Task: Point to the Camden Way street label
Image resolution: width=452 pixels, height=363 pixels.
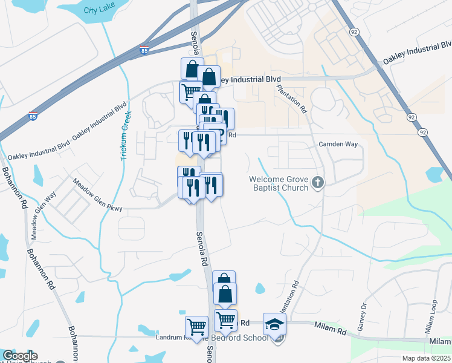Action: [x=338, y=145]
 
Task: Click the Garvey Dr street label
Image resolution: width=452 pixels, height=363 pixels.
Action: [x=364, y=315]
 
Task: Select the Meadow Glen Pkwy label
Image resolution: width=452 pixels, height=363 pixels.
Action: [x=97, y=195]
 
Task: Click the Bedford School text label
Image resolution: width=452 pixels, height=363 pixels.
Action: [x=247, y=338]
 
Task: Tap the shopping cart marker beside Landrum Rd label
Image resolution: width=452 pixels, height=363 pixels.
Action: [x=196, y=327]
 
